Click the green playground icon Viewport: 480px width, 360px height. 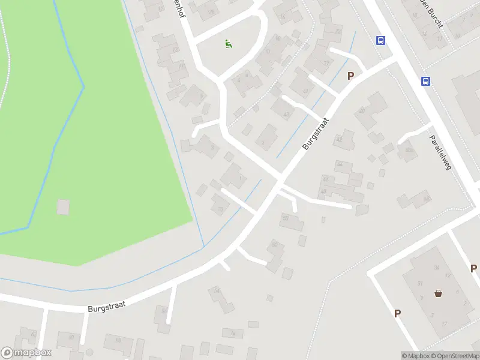[x=228, y=43]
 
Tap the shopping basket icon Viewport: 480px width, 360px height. [x=439, y=293]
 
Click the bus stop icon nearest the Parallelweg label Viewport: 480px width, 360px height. [x=425, y=82]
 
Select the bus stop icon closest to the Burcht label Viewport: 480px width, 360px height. [x=380, y=40]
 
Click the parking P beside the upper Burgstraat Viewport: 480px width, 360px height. [x=351, y=76]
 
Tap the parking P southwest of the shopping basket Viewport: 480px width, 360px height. [x=397, y=313]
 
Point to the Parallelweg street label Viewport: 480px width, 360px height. [x=440, y=152]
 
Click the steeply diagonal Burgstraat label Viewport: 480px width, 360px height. [x=316, y=133]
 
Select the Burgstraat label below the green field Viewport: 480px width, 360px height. [x=106, y=307]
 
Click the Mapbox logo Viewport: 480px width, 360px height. [x=26, y=353]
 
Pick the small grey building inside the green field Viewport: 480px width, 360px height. [x=63, y=207]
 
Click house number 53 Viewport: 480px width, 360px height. [x=220, y=209]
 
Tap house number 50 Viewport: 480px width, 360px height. [x=286, y=218]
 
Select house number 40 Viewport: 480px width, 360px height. [x=361, y=110]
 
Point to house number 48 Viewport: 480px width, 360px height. [x=324, y=192]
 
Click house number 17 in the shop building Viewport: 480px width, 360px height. [x=445, y=323]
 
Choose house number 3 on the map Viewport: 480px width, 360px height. [x=433, y=314]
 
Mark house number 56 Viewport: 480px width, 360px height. [x=163, y=310]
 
